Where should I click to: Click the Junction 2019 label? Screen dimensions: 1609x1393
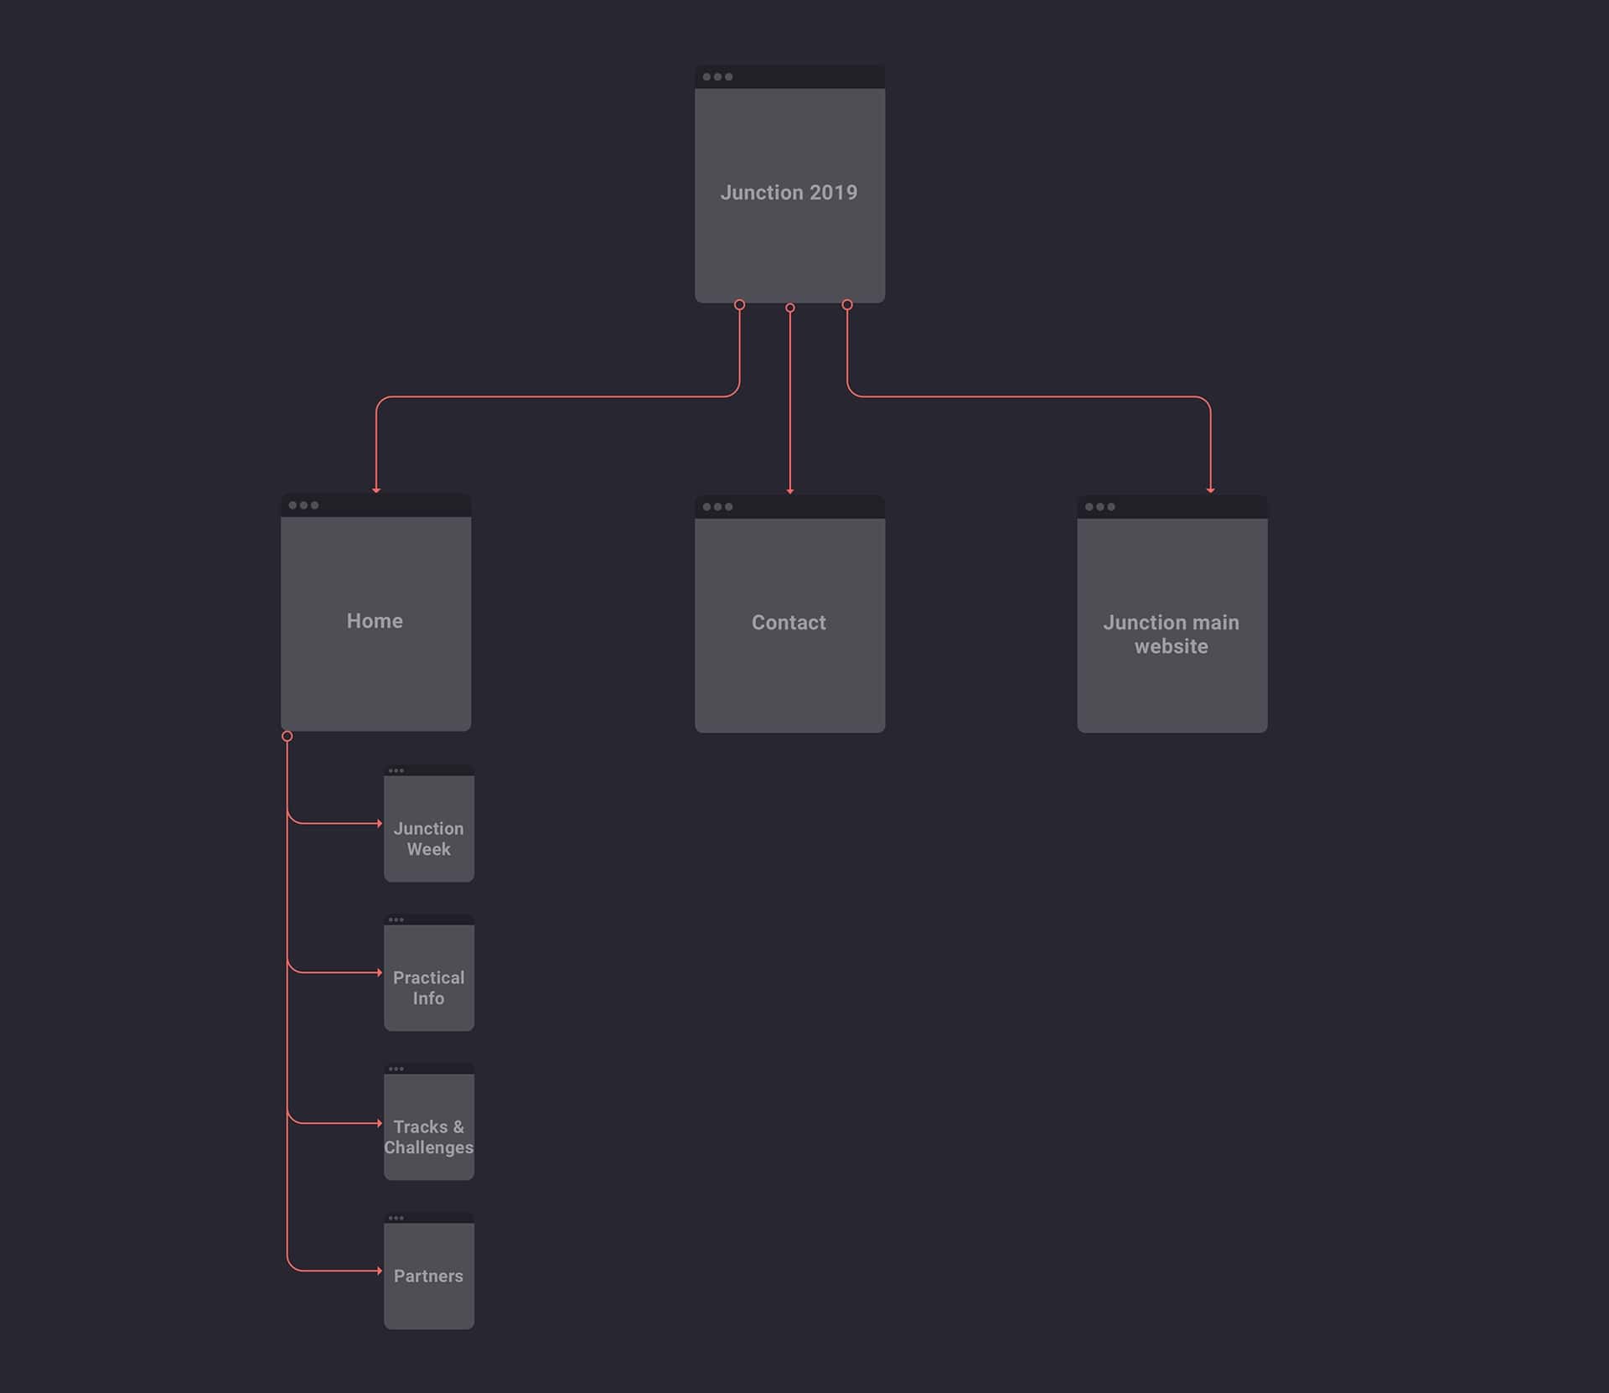coord(789,193)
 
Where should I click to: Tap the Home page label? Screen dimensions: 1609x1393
coord(375,621)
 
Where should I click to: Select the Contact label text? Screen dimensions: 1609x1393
coord(789,623)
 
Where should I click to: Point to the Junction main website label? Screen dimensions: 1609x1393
coord(1171,634)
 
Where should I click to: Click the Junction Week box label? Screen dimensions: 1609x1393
coord(428,839)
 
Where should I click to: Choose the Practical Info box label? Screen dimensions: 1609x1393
coord(428,988)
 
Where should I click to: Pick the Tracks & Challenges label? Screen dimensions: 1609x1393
coord(428,1137)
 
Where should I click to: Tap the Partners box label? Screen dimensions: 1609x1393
coord(428,1276)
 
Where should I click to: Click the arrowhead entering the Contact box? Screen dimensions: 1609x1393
coord(790,491)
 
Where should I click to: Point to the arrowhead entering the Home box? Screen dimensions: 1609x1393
coord(376,489)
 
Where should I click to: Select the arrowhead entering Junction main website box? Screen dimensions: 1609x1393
coord(1210,489)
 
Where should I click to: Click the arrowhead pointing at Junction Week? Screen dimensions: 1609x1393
coord(380,823)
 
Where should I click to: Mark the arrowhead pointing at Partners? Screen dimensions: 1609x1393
coord(380,1271)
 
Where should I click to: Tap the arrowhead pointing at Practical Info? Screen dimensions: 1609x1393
coord(380,972)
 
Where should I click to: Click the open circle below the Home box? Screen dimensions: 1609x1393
coord(287,736)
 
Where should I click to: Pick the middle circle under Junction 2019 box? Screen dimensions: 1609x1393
coord(790,308)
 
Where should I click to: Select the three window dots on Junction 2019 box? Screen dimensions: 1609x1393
coord(717,77)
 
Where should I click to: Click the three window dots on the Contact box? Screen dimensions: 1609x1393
coord(717,507)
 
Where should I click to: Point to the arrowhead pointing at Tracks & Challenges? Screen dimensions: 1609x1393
coord(380,1123)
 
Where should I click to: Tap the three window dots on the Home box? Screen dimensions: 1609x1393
coord(303,505)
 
